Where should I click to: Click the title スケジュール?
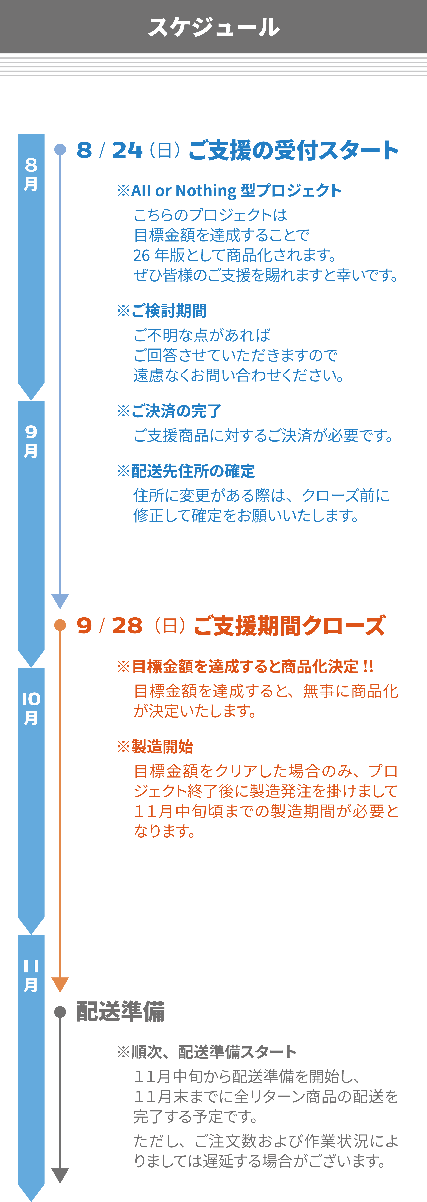[213, 27]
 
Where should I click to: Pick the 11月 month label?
[31, 975]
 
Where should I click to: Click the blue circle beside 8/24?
[60, 149]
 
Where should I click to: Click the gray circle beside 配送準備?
[60, 1012]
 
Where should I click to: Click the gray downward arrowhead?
[60, 1175]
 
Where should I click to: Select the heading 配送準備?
[121, 1012]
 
